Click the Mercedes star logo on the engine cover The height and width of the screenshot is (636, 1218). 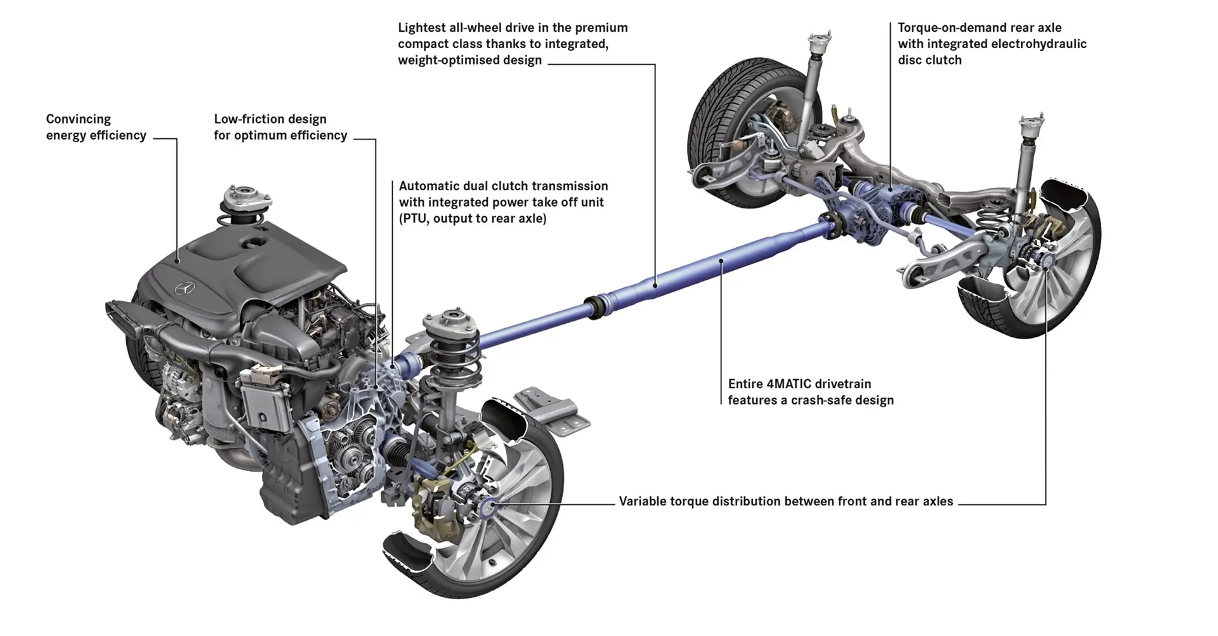pyautogui.click(x=183, y=289)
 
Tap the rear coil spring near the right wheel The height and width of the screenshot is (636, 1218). pyautogui.click(x=990, y=221)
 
